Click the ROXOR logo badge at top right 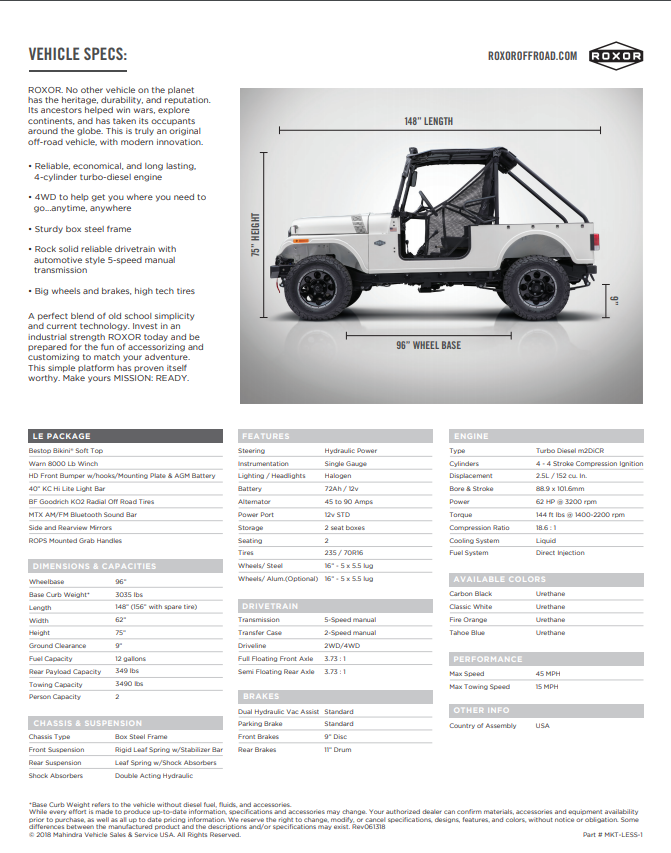[x=616, y=56]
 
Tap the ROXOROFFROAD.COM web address [x=532, y=56]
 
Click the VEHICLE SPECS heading [x=77, y=54]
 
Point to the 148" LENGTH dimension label [x=429, y=121]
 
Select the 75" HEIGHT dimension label [x=255, y=234]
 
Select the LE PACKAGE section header [x=61, y=436]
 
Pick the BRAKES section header [x=261, y=696]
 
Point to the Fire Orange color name [x=468, y=619]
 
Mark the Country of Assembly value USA [x=543, y=725]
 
